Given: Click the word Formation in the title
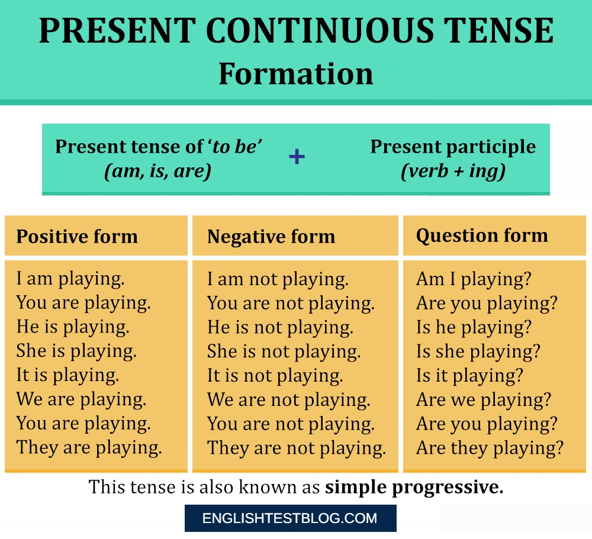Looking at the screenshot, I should (x=296, y=75).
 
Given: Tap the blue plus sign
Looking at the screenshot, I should (x=297, y=157).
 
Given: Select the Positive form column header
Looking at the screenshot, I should (x=77, y=237).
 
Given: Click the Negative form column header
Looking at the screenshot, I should (x=271, y=237).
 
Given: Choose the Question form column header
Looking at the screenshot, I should (x=482, y=235).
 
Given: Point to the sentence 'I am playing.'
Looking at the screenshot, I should (x=70, y=279).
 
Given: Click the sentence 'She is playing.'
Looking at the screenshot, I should (x=76, y=351).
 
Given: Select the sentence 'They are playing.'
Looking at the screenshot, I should (x=89, y=447).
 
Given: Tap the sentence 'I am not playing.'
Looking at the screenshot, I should (x=278, y=279).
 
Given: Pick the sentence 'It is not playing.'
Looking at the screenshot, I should (x=275, y=375).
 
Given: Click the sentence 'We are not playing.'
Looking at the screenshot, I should (x=288, y=399).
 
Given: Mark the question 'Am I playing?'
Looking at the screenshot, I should (x=474, y=279).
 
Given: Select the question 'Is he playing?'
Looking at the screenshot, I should (x=474, y=327).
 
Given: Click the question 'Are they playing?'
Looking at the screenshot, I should (x=490, y=447).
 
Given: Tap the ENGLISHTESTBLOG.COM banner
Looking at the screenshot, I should (x=290, y=519).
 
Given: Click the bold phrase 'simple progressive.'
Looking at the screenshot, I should (x=414, y=487).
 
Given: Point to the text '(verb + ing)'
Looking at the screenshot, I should (x=453, y=172).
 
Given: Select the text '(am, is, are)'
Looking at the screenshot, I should (x=158, y=172).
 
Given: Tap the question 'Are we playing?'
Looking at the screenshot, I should (x=484, y=399).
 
